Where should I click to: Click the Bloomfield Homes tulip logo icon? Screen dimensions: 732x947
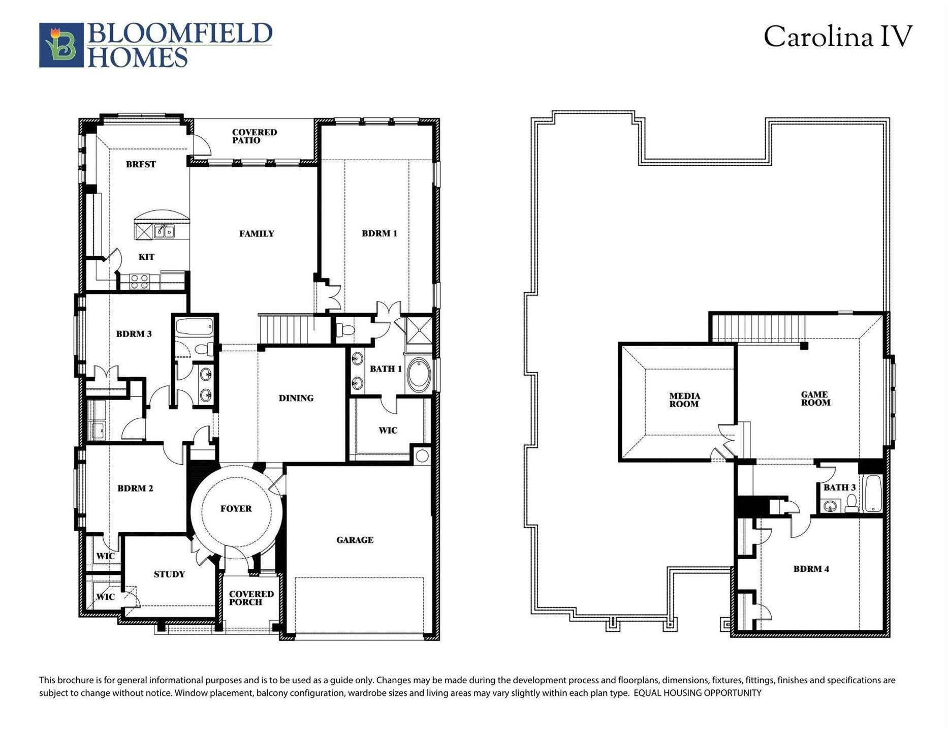coord(61,45)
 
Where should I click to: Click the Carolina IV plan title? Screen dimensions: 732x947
coord(838,37)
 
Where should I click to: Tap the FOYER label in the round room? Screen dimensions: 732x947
coord(236,508)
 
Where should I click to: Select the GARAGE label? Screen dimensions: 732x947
coord(355,540)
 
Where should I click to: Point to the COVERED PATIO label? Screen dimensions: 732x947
coord(254,136)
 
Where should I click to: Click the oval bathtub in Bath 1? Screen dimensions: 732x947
coord(419,375)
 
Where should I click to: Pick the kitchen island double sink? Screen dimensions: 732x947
coord(164,232)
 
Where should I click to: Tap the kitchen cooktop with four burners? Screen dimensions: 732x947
coord(139,281)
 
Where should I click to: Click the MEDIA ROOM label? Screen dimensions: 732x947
coord(684,400)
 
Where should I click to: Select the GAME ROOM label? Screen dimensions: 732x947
coord(815,399)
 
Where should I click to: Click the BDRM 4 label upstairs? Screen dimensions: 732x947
coord(811,569)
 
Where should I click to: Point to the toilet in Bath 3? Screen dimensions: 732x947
coord(851,503)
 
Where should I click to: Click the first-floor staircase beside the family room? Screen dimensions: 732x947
coord(286,328)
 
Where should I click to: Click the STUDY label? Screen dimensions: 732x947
coord(169,574)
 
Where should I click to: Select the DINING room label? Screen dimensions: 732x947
coord(296,398)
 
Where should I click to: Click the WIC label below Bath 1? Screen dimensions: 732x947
coord(388,431)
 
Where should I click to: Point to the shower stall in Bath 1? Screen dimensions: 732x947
coord(419,330)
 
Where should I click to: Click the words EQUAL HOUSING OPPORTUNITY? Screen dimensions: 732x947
coord(697,693)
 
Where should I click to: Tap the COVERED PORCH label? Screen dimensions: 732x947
coord(251,598)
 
